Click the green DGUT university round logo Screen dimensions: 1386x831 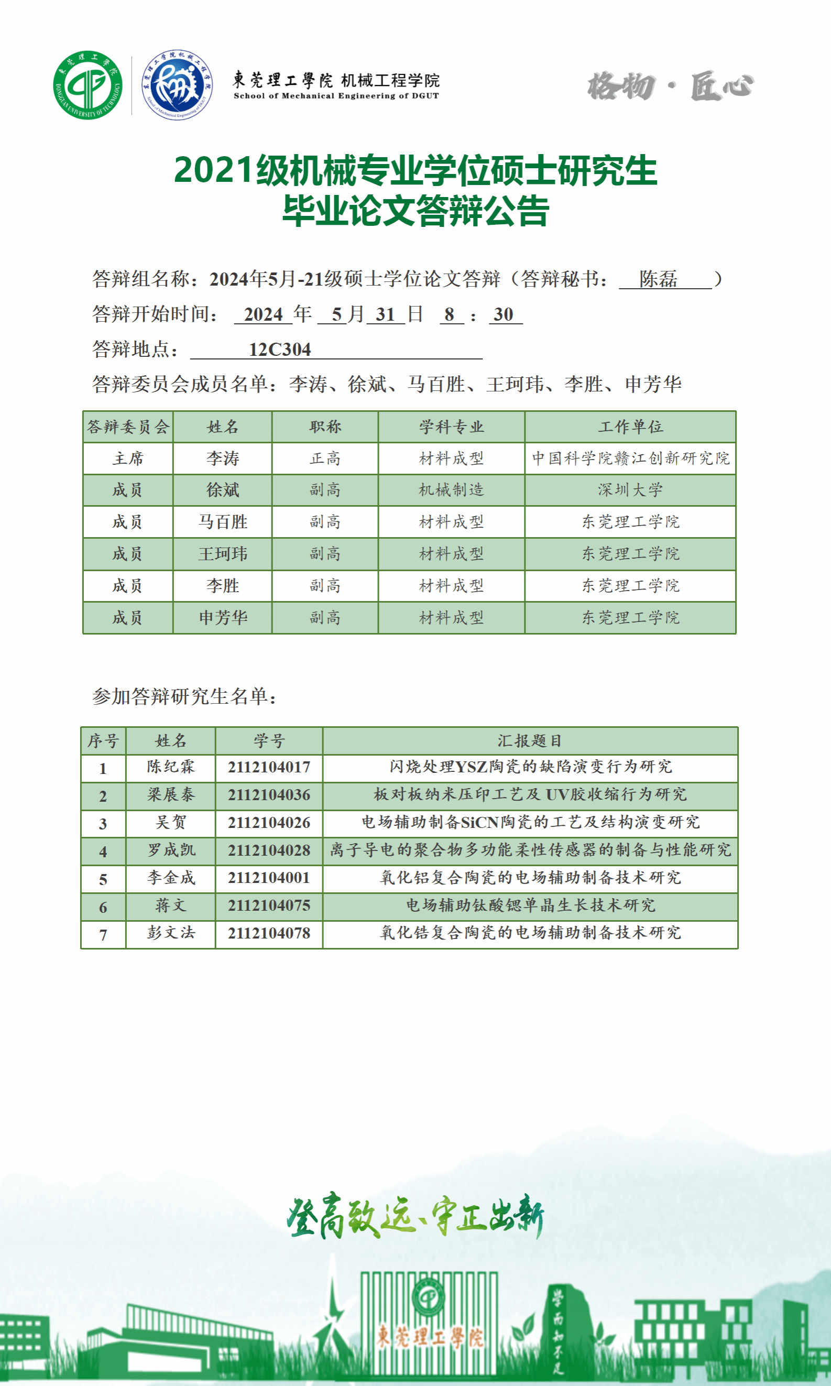tap(88, 85)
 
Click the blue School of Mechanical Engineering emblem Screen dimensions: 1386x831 tap(177, 85)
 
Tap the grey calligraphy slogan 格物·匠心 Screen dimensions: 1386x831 tap(670, 87)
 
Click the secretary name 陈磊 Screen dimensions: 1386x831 tap(659, 279)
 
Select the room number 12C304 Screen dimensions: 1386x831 tap(279, 350)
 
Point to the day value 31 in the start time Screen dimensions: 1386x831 tap(385, 315)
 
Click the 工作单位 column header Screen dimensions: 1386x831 tap(630, 427)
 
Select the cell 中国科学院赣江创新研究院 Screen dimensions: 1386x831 tap(630, 459)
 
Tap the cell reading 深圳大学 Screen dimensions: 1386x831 tap(630, 490)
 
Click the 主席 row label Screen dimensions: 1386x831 tap(128, 459)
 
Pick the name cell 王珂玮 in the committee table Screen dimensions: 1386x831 tap(222, 554)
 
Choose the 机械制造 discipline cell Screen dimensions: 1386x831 tap(451, 490)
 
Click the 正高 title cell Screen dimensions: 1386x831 tap(325, 459)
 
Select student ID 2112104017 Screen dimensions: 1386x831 tap(269, 767)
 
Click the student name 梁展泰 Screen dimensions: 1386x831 tap(170, 794)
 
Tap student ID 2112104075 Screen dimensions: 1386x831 tap(269, 905)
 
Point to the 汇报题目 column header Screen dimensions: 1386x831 tap(529, 741)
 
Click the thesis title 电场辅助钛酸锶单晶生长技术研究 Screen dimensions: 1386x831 tap(530, 905)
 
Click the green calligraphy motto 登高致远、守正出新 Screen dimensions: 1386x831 tap(415, 1216)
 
